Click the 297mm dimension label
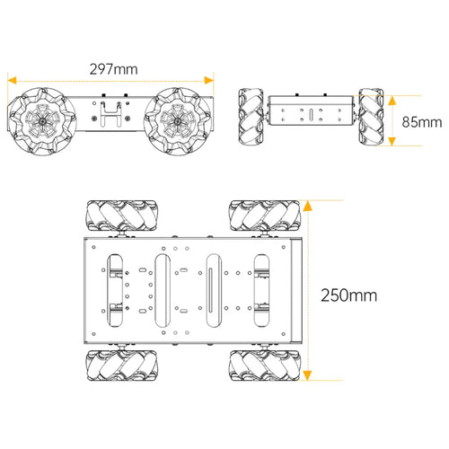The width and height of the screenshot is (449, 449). point(114,69)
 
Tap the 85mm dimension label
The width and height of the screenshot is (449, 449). point(422,122)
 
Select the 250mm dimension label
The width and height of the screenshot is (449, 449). point(348,295)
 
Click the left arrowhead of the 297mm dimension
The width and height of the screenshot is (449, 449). point(12,80)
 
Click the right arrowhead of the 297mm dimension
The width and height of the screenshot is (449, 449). point(208,80)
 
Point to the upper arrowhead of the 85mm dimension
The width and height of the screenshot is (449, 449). point(392,101)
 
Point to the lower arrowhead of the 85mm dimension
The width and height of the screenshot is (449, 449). point(392,141)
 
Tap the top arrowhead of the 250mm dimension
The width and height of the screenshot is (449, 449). point(308,206)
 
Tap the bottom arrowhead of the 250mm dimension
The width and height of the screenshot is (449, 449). point(308,375)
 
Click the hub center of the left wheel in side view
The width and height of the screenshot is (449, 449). point(42,121)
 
